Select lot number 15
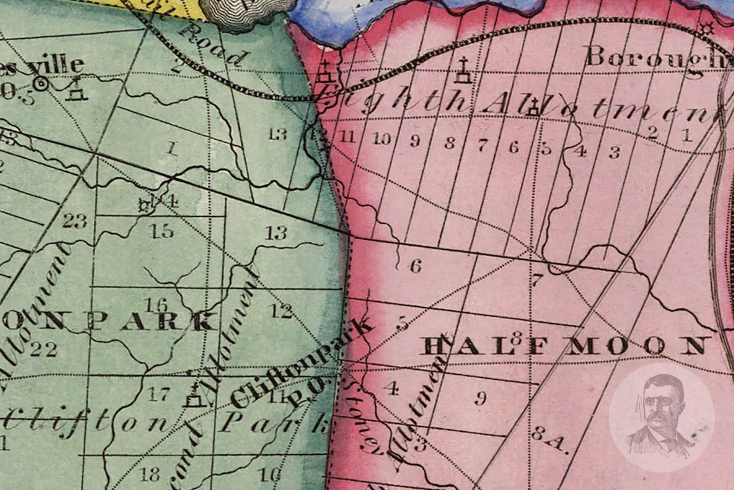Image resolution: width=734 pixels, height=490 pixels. click(x=163, y=230)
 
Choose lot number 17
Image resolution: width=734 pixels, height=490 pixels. click(x=159, y=394)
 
